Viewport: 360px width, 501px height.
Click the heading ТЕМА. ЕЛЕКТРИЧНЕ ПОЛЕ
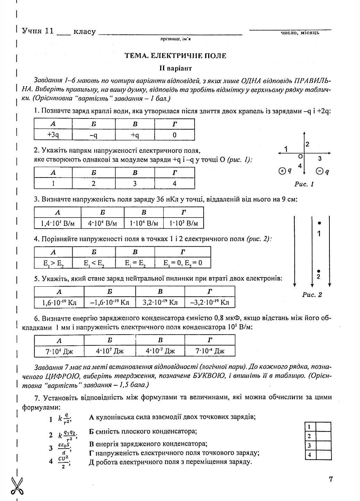click(x=175, y=56)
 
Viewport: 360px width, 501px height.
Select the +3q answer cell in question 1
click(x=53, y=135)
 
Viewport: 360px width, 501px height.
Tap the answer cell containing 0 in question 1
click(x=174, y=135)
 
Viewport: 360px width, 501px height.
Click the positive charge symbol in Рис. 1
click(x=282, y=171)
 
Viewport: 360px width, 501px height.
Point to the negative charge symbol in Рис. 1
click(x=319, y=171)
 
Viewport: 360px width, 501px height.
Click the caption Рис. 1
click(x=304, y=184)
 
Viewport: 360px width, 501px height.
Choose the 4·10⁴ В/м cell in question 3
click(x=103, y=223)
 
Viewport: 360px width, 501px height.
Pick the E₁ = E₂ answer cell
click(x=135, y=263)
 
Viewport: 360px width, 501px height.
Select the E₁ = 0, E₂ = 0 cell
click(x=183, y=263)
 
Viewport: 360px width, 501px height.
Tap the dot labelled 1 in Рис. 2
click(x=319, y=223)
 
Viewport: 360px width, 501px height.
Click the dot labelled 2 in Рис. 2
click(x=319, y=271)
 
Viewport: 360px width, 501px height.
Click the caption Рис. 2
click(x=312, y=295)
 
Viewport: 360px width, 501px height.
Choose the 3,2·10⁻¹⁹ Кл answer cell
click(x=160, y=302)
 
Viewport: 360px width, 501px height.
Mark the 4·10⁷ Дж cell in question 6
click(x=110, y=351)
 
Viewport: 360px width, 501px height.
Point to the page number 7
click(x=330, y=479)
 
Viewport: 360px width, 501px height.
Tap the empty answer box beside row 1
click(x=323, y=427)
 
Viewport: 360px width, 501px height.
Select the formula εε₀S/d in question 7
click(x=64, y=448)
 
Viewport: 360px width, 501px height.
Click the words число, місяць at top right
click(x=300, y=33)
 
